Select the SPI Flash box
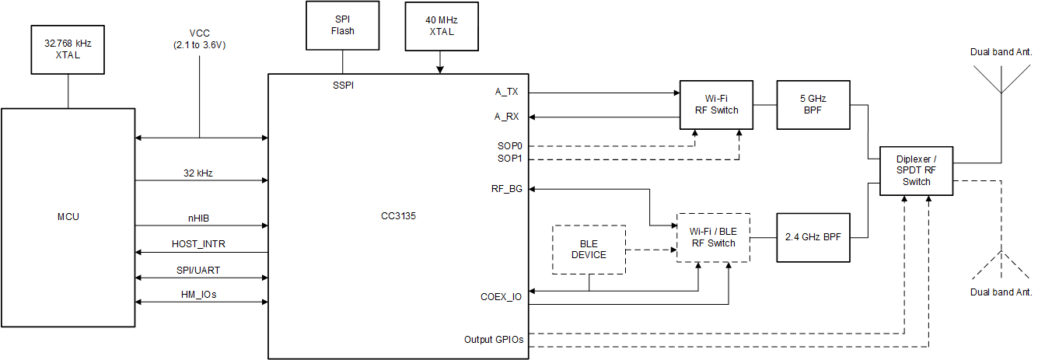[343, 26]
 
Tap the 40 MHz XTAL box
[440, 26]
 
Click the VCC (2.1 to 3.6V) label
[200, 39]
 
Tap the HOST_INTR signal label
[199, 244]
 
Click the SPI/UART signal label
[199, 270]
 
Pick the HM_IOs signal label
[199, 294]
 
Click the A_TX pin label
[506, 92]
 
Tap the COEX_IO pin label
[501, 296]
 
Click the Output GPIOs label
[494, 339]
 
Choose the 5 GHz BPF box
[813, 104]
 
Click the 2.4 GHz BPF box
[813, 237]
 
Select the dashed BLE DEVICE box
[589, 250]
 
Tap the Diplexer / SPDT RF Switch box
[916, 171]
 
